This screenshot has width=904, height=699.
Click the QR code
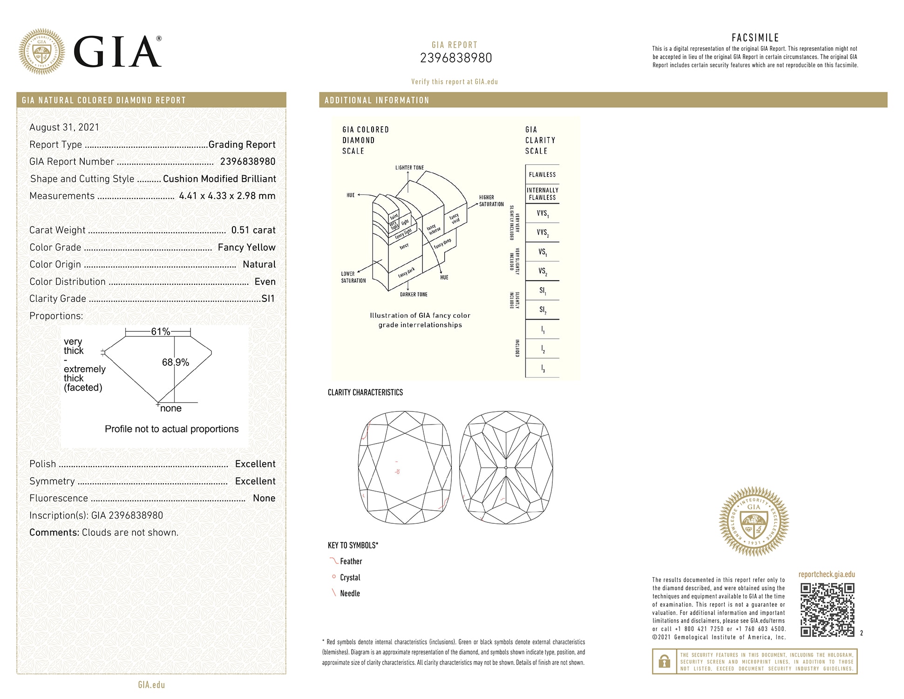(x=827, y=610)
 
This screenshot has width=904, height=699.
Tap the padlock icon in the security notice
(x=664, y=661)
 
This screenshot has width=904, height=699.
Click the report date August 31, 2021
(x=64, y=127)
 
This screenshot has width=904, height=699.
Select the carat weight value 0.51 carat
(x=253, y=230)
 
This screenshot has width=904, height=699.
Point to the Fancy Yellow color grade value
(x=246, y=247)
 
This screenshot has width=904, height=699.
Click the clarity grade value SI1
(x=268, y=299)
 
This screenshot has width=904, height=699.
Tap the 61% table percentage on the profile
(x=160, y=331)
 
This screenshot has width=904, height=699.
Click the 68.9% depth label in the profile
(x=175, y=362)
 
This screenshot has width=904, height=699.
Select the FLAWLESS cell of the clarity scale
(x=542, y=175)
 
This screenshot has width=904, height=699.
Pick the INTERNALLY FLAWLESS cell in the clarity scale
(x=542, y=194)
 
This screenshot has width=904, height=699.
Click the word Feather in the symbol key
(x=351, y=562)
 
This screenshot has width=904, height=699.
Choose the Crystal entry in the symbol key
(x=350, y=577)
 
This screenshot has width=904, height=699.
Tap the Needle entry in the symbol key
(x=350, y=593)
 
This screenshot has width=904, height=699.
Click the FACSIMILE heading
(x=755, y=38)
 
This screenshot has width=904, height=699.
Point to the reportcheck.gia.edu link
(x=827, y=574)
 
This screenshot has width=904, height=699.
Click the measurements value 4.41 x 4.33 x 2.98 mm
(x=227, y=196)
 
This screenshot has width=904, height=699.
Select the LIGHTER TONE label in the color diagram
(x=409, y=168)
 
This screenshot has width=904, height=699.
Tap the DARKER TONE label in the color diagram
(x=413, y=295)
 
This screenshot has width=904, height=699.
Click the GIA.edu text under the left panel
(x=151, y=685)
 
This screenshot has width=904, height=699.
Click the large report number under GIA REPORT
(x=455, y=58)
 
